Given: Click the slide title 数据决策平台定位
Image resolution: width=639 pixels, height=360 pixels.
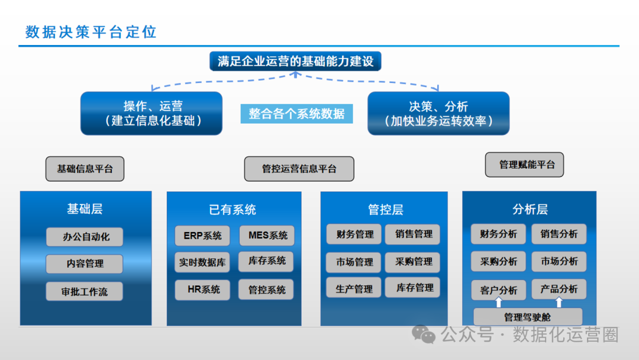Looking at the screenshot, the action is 91,32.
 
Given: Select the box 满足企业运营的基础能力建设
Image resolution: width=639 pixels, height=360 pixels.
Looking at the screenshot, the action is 296,61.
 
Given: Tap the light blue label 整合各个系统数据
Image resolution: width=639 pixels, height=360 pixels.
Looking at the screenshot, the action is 296,113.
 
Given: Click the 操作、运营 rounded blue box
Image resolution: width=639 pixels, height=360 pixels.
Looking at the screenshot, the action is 151,113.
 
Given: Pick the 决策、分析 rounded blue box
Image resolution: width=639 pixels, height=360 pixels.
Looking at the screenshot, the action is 438,113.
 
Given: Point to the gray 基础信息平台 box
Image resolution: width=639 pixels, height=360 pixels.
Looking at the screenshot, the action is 85,169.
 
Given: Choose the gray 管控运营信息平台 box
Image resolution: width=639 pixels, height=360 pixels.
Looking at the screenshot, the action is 299,169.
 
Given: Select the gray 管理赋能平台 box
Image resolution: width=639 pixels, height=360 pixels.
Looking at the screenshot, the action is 524,165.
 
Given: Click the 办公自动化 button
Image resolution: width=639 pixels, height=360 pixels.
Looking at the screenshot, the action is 86,237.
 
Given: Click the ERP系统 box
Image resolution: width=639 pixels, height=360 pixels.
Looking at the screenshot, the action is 202,236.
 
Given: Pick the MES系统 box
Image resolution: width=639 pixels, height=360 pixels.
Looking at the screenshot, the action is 267,236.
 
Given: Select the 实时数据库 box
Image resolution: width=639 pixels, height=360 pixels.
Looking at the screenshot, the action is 202,262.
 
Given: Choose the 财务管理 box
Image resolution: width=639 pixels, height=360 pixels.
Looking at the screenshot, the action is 355,234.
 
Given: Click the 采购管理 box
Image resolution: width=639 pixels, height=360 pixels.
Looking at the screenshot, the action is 414,261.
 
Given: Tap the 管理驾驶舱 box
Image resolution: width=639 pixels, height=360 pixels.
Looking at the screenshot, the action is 528,317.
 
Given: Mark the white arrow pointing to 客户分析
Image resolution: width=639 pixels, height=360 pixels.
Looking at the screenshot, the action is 499,302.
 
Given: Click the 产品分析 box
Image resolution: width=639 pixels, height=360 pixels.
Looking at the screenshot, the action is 559,289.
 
